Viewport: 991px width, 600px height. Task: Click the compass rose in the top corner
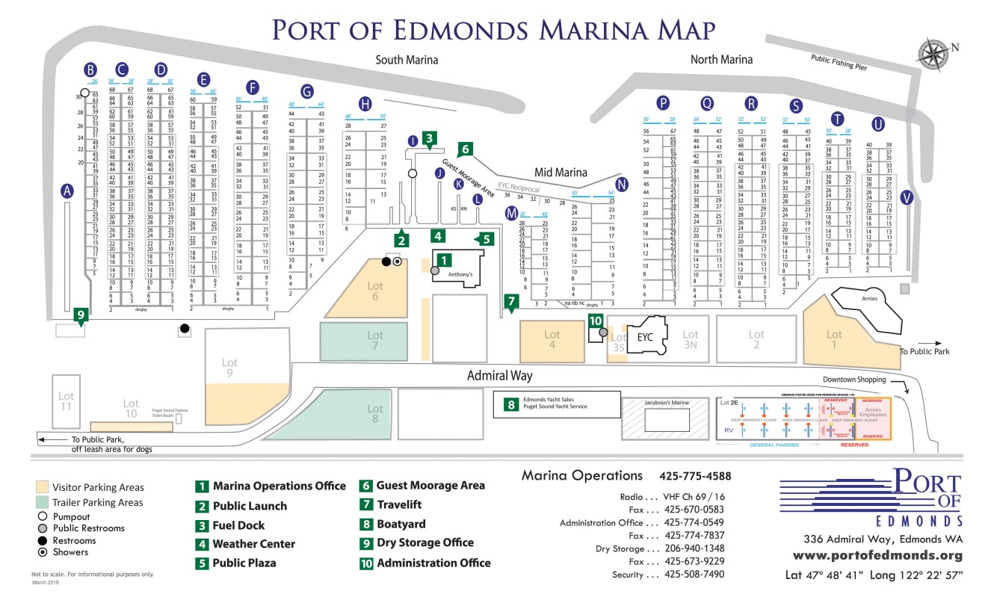click(x=932, y=53)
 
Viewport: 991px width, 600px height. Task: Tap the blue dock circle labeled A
click(x=68, y=191)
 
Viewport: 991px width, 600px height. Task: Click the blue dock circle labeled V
click(x=907, y=198)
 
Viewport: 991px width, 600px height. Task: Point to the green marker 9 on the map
click(x=80, y=315)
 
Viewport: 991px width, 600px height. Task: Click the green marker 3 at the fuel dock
click(x=428, y=137)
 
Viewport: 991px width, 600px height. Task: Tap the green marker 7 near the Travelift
click(x=511, y=303)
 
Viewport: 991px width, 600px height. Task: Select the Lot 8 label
click(x=374, y=413)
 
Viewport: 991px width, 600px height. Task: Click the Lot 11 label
click(x=67, y=401)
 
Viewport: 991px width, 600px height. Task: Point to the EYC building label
click(x=645, y=337)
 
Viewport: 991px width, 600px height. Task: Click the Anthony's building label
click(x=460, y=275)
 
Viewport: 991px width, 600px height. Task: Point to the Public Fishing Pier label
click(x=839, y=63)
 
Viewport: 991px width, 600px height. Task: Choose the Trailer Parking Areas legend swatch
click(x=41, y=503)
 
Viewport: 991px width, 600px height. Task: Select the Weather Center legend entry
click(x=253, y=544)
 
